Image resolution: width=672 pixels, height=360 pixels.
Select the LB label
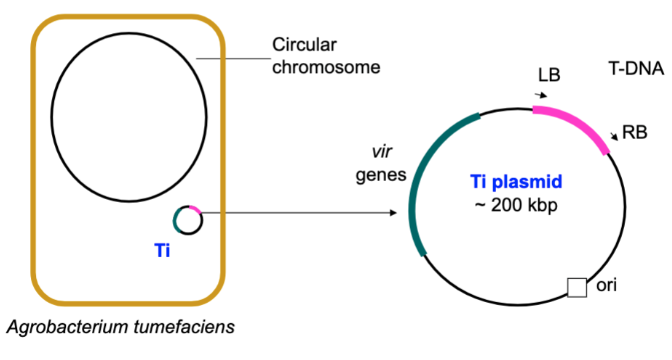(549, 76)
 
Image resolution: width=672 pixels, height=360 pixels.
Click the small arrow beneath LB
(541, 95)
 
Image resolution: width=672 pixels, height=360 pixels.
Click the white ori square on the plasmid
(577, 288)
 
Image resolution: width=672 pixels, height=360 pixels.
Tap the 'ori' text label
(606, 286)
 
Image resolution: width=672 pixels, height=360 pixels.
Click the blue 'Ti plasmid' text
(516, 182)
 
